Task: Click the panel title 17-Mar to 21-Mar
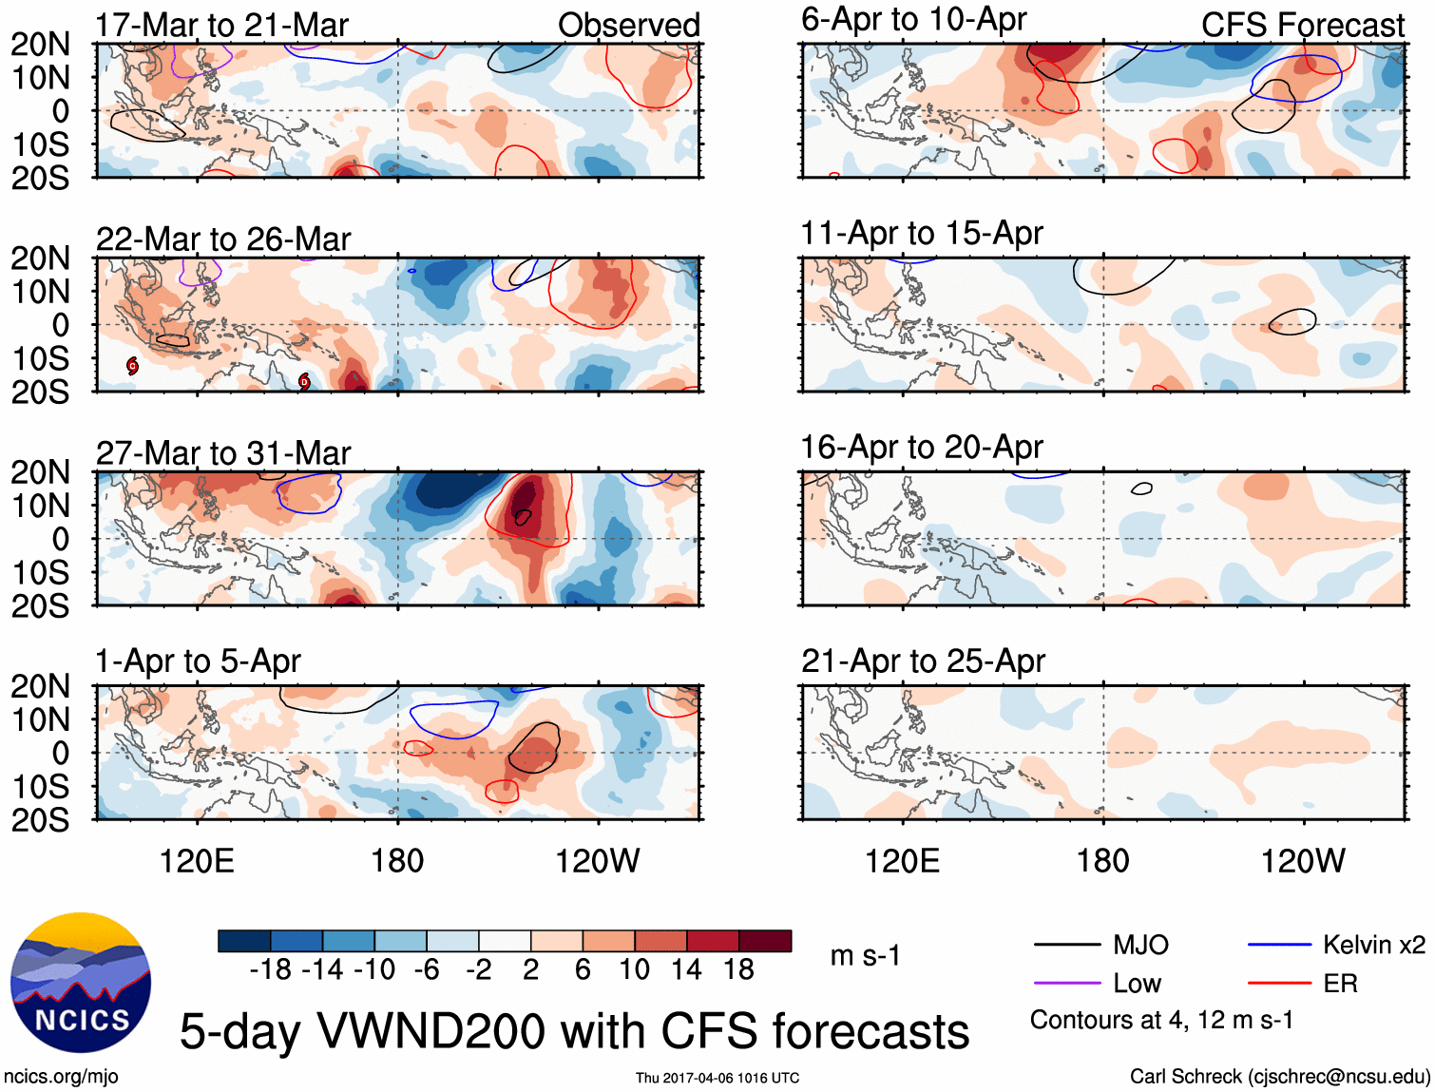(221, 26)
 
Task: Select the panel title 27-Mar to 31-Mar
(223, 453)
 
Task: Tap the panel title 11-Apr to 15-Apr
(922, 233)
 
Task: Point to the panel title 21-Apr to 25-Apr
(923, 661)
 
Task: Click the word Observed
(628, 26)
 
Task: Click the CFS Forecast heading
(1302, 26)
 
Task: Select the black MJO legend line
(1067, 945)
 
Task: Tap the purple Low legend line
(1067, 984)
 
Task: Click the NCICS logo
(81, 983)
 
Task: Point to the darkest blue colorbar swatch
(244, 941)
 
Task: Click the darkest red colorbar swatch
(765, 941)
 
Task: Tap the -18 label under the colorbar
(270, 969)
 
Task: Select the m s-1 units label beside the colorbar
(865, 955)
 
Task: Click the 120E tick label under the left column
(197, 861)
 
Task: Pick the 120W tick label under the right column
(1302, 861)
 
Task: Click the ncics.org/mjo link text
(61, 1077)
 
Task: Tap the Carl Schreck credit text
(1279, 1077)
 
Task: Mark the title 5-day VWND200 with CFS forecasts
(574, 1031)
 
